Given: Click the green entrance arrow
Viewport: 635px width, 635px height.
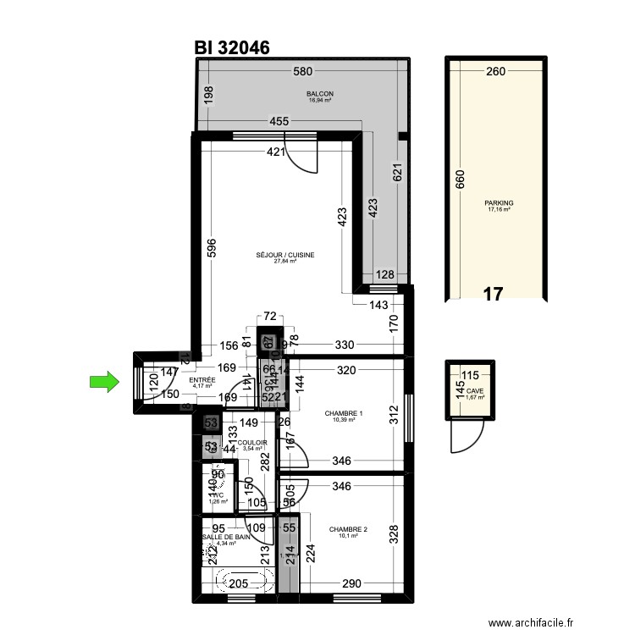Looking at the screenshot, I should pos(102,383).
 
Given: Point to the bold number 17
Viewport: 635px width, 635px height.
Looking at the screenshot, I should pos(493,295).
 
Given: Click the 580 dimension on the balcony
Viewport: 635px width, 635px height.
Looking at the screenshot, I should pos(303,72).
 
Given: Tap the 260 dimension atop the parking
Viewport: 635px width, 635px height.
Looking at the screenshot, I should pos(495,72).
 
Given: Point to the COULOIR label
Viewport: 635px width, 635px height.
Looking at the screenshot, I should pos(251,444).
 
